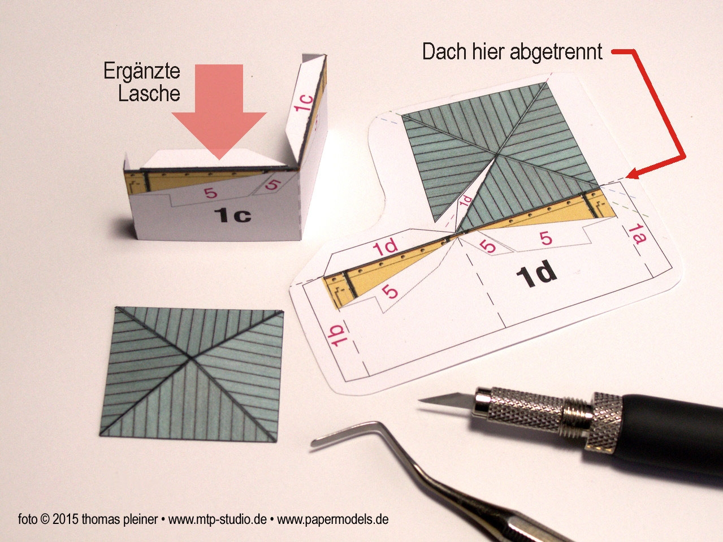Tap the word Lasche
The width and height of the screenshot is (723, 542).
(x=149, y=93)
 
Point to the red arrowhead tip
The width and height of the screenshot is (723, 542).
(x=626, y=177)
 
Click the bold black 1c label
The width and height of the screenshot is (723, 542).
(x=232, y=215)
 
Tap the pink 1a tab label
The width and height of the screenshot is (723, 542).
(x=637, y=235)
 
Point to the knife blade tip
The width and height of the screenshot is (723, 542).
(x=418, y=400)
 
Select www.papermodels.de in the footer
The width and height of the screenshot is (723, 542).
(x=333, y=519)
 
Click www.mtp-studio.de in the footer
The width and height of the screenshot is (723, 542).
(x=218, y=519)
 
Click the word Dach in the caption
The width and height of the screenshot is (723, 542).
(x=444, y=51)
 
